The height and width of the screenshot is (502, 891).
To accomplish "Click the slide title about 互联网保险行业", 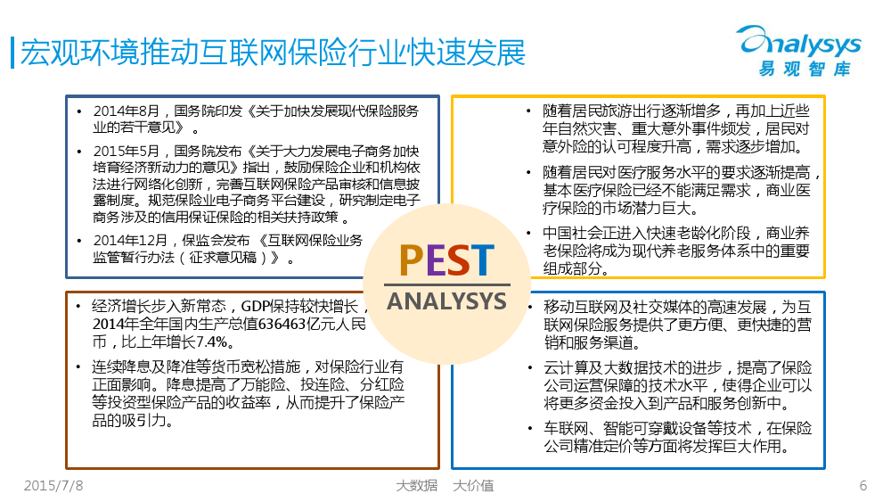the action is (x=273, y=53).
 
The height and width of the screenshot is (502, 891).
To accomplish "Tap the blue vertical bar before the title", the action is (x=12, y=53).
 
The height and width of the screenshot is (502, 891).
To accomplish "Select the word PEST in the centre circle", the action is (x=446, y=260).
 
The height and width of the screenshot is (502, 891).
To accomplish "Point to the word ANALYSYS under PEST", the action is (x=446, y=301).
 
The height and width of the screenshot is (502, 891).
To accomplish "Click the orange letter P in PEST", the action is (x=412, y=260).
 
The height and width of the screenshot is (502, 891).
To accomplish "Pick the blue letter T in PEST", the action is (x=483, y=260).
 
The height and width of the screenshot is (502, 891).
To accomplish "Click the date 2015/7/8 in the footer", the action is (x=53, y=486).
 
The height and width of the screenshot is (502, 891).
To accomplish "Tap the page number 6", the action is (x=863, y=486).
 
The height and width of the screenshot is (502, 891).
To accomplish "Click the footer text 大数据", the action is (x=416, y=486).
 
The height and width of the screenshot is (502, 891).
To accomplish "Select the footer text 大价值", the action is (x=473, y=486).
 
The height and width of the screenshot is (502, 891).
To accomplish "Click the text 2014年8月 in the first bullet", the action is (x=127, y=111).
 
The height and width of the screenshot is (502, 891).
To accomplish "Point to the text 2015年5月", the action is (x=127, y=152).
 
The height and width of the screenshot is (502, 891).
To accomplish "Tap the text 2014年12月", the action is (x=130, y=241).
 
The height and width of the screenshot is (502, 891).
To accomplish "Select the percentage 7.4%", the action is (x=212, y=342).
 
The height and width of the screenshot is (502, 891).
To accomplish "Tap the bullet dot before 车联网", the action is (x=529, y=428).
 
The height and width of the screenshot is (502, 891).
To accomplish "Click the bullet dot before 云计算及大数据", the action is (x=529, y=368).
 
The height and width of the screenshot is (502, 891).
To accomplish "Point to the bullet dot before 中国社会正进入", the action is (x=529, y=233).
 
